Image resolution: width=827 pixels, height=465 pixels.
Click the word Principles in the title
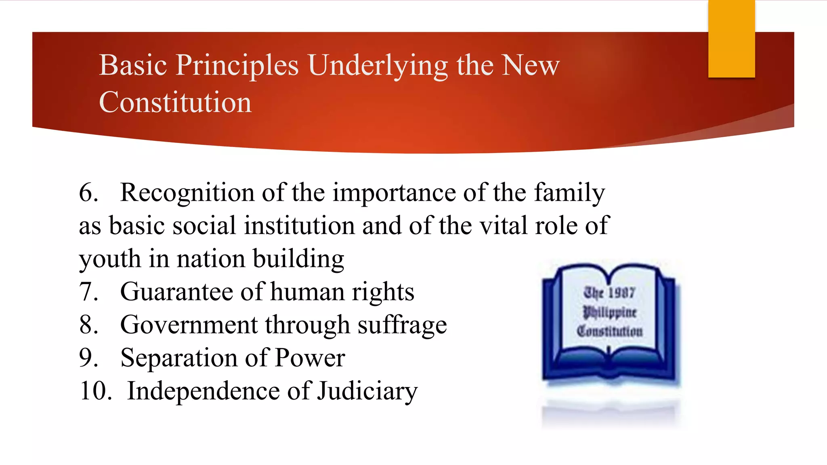pos(237,66)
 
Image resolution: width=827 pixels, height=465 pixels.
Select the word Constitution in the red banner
pos(175,103)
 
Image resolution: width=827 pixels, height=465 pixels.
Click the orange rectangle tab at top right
pos(731,39)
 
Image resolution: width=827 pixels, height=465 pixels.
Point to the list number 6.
pos(88,193)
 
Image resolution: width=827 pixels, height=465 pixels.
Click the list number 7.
pos(88,292)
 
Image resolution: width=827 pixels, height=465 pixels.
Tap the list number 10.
pos(96,391)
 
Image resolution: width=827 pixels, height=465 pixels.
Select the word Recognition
pos(187,193)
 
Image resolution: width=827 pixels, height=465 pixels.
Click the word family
pos(569,193)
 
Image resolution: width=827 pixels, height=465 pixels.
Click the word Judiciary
pos(367,392)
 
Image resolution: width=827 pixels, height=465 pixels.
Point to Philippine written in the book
pos(610,312)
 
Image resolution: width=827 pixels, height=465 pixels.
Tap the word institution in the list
pos(299,226)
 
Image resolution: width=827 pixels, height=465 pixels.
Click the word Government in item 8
pos(189,325)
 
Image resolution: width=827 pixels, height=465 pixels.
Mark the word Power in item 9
pos(310,358)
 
